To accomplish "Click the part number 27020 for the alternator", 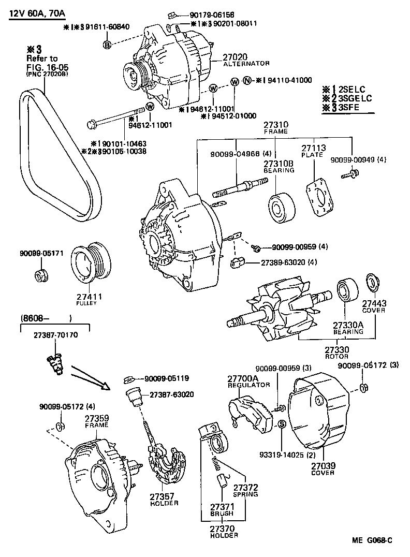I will pos(236,56).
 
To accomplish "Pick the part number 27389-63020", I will pos(283,262).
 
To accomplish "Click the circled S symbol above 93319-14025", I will pos(282,424).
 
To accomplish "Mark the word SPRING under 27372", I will pos(245,494).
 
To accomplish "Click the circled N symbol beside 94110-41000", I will pos(247,80).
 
